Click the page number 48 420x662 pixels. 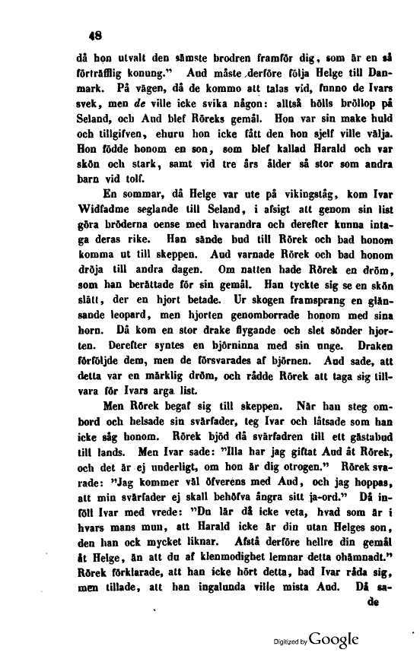coord(95,33)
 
